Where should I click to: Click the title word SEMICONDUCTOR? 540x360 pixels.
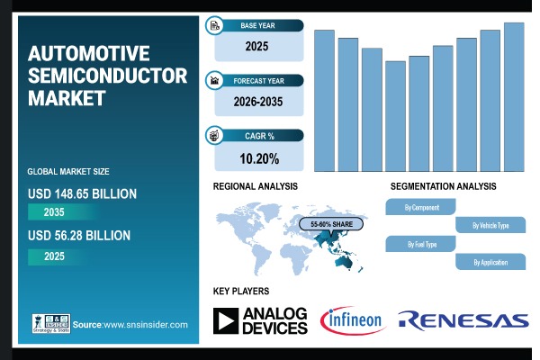point(107,76)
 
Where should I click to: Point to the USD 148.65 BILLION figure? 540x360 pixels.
point(82,193)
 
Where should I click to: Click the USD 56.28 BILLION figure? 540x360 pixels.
point(79,236)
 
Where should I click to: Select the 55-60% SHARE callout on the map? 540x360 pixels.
point(332,223)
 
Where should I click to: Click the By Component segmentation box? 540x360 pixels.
point(421,207)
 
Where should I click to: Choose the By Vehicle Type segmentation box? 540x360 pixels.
point(490,225)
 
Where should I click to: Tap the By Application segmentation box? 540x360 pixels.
point(490,262)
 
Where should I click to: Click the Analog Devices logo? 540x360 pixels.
point(260,319)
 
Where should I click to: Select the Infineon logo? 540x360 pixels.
point(353,319)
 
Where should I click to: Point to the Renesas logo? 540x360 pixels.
point(463,319)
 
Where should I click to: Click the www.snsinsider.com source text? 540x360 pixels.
point(144,325)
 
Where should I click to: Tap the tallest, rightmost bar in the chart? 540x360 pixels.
point(513,96)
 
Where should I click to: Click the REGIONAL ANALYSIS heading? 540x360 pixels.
point(256,186)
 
